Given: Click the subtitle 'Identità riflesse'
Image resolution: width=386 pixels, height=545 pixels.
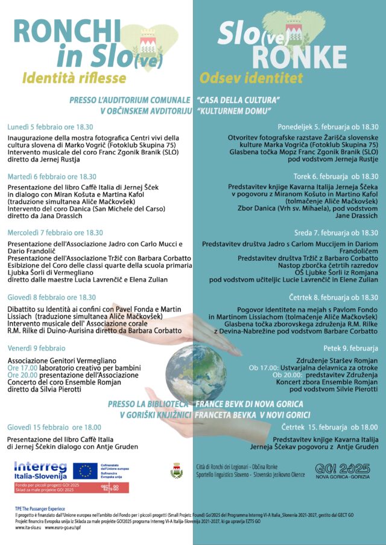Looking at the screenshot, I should coord(74,78).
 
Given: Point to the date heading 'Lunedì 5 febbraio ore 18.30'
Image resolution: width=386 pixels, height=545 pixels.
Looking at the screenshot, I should coord(50,127).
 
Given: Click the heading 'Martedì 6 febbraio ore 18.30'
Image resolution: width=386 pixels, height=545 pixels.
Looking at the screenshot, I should coord(52,176).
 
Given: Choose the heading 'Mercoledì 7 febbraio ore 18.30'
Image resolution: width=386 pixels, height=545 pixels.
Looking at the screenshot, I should coord(55,232).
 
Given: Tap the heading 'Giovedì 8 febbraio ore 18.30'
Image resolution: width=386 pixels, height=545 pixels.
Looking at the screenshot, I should coord(51,297).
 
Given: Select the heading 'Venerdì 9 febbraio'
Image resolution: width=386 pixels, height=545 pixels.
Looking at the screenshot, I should coord(36,348).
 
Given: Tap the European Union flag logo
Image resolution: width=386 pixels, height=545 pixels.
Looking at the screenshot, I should coord(85,470).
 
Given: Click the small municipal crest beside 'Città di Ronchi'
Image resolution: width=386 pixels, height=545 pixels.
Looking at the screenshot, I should coord(177,470).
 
